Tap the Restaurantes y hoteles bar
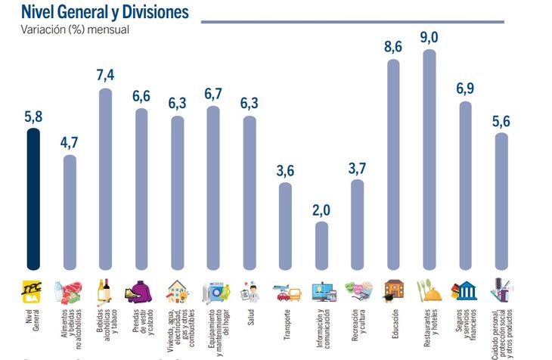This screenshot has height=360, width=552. [429, 159]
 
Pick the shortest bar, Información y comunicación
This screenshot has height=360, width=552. [321, 246]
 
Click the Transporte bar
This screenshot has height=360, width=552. [285, 226]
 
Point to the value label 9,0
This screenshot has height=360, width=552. [430, 36]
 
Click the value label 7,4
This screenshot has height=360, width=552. [105, 75]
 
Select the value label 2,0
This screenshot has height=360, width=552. [322, 208]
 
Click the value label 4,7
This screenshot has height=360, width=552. [70, 141]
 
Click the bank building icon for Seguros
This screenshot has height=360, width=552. [464, 290]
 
